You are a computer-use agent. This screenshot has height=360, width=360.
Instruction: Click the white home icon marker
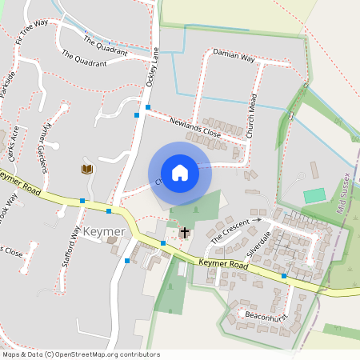[180, 173]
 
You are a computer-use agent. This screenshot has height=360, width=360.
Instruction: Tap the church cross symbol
[186, 233]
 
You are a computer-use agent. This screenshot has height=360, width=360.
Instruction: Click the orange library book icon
[86, 169]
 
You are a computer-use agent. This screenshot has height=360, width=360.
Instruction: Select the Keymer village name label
[104, 232]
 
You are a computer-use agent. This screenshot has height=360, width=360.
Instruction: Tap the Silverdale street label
[260, 241]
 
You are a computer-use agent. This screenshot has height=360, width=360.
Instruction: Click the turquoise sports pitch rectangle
[314, 195]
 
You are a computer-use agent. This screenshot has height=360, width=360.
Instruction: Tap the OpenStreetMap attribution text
[80, 354]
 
